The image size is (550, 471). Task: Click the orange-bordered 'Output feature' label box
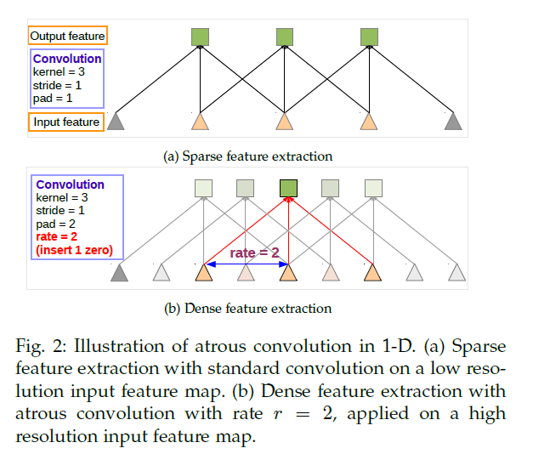(x=67, y=37)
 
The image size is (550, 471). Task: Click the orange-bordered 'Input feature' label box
(x=66, y=122)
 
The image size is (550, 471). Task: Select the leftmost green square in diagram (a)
(x=200, y=37)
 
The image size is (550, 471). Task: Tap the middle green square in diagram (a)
(x=284, y=37)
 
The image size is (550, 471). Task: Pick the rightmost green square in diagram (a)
(x=368, y=37)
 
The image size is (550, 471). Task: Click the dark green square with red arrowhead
(x=288, y=188)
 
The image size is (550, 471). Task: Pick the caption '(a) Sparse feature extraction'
(x=247, y=156)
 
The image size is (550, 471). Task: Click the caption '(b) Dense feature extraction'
(x=247, y=309)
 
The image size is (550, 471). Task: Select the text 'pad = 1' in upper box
(x=53, y=98)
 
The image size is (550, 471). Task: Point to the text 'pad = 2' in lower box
(x=54, y=223)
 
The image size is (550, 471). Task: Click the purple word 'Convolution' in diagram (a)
(x=66, y=59)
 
